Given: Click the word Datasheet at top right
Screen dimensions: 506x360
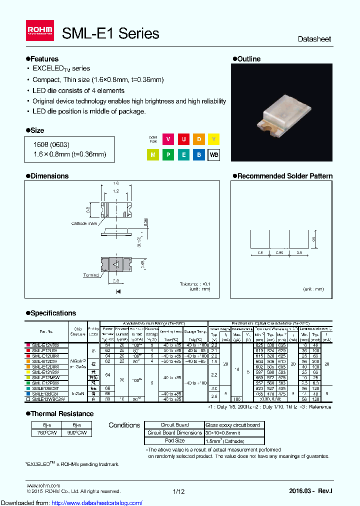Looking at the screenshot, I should pyautogui.click(x=314, y=39).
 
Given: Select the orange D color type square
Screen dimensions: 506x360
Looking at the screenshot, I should pyautogui.click(x=199, y=139).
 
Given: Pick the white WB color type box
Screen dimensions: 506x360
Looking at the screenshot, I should pyautogui.click(x=213, y=155).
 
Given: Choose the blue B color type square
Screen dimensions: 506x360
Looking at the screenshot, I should pyautogui.click(x=199, y=155).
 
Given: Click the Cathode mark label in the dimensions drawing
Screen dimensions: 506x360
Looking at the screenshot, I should pyautogui.click(x=84, y=223).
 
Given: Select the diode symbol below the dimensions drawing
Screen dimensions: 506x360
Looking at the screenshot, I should pyautogui.click(x=119, y=291).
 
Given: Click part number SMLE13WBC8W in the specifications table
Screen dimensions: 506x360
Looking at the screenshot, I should pyautogui.click(x=48, y=399).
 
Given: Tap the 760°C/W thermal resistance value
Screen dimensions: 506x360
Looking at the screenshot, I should pyautogui.click(x=40, y=433).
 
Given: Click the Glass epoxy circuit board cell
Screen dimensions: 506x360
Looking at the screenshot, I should pyautogui.click(x=233, y=425).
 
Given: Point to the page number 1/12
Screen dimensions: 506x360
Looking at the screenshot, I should pyautogui.click(x=178, y=491).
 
